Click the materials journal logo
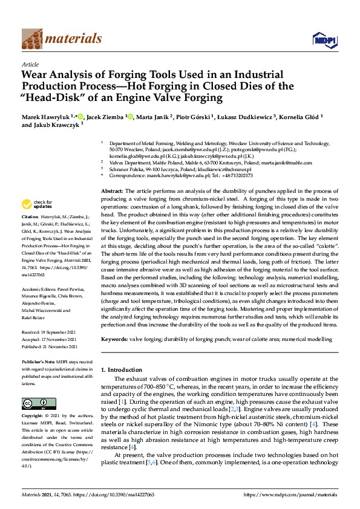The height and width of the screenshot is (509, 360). pyautogui.click(x=61, y=39)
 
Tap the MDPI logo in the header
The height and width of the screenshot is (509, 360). pyautogui.click(x=321, y=40)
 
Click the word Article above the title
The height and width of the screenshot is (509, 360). pyautogui.click(x=30, y=64)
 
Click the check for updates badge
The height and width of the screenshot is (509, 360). pyautogui.click(x=36, y=204)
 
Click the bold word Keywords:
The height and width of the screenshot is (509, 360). pyautogui.click(x=114, y=340)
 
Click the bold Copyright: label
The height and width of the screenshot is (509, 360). pyautogui.click(x=34, y=417)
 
